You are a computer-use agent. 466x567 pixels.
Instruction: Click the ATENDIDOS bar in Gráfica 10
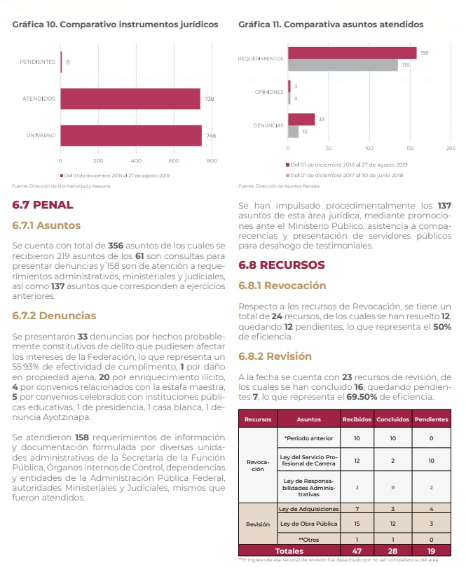tap(130, 99)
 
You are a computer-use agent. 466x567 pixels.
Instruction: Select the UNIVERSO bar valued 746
tap(131, 135)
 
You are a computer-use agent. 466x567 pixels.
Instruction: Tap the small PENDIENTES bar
tap(62, 62)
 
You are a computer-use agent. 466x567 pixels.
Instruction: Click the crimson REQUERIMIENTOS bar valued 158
tap(352, 53)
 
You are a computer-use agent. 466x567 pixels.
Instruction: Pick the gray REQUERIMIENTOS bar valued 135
tap(343, 65)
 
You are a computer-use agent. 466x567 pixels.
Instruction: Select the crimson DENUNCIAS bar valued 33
tap(301, 120)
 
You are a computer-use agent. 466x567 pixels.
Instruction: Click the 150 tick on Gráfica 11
tap(410, 148)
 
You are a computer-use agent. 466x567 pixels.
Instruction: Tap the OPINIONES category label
tap(269, 92)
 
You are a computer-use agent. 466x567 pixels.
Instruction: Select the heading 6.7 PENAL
tap(43, 205)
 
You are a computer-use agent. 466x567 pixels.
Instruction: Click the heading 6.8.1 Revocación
tap(282, 286)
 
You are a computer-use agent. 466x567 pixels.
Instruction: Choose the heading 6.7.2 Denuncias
tap(55, 316)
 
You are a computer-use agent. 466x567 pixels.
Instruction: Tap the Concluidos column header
tap(394, 419)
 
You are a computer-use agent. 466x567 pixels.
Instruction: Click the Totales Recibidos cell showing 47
tap(357, 551)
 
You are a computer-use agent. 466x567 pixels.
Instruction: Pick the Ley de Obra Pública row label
tap(309, 524)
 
